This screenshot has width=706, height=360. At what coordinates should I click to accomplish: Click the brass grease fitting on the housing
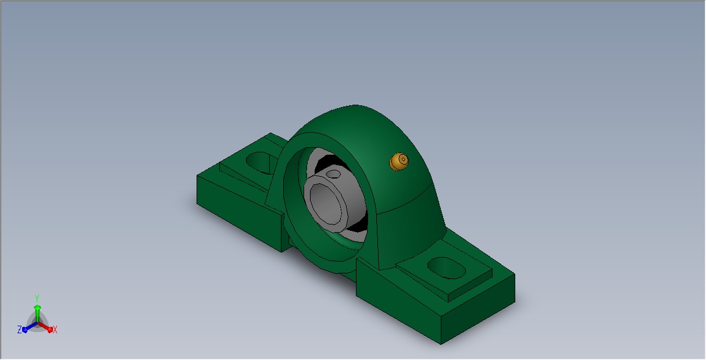point(399,162)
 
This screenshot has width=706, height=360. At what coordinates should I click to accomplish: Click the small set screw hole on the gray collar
point(333,174)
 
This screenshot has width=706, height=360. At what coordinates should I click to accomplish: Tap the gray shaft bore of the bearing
point(326,205)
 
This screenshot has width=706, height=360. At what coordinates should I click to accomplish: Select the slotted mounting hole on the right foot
point(446,268)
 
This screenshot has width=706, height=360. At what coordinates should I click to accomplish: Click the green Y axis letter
point(37,298)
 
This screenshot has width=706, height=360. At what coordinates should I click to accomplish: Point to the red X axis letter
point(55,330)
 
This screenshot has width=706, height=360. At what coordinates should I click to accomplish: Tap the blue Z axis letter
point(20,330)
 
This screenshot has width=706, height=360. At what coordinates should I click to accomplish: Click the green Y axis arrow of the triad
point(37,313)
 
